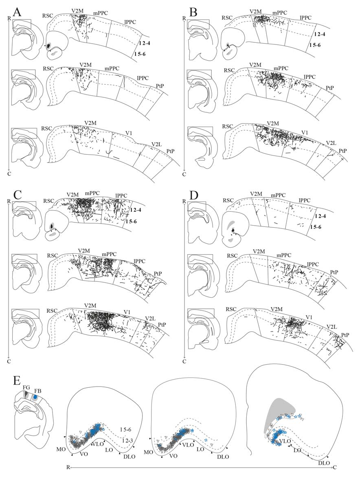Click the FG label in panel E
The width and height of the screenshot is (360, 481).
(27, 387)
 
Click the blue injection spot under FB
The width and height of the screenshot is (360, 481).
(36, 397)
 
